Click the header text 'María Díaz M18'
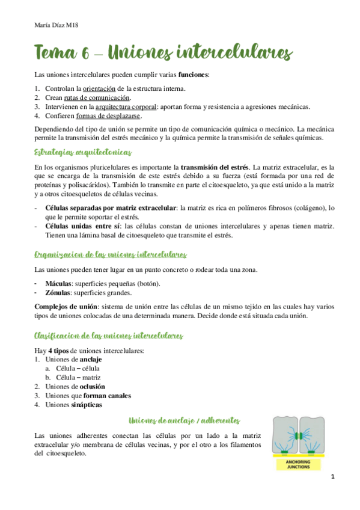[x=54, y=25]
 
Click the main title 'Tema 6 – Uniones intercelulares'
[x=163, y=53]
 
